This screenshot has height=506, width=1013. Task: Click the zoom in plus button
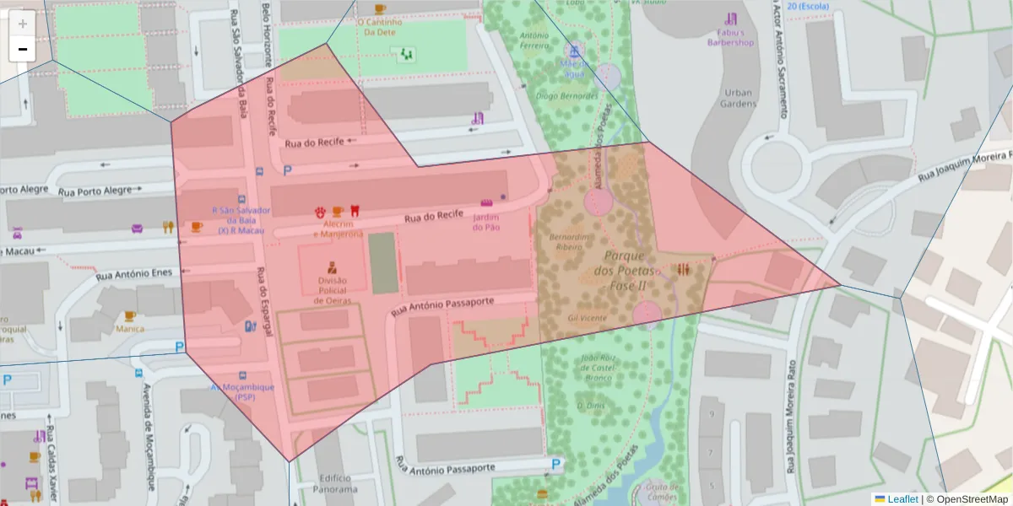tap(23, 23)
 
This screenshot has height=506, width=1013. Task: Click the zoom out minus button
tap(23, 49)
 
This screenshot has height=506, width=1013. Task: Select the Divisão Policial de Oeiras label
tap(332, 289)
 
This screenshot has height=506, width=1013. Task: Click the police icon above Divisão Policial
tap(332, 267)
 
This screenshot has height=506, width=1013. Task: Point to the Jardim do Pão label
tap(486, 222)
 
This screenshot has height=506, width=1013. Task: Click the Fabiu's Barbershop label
tap(729, 36)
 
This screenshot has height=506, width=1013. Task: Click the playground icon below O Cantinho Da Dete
tap(407, 54)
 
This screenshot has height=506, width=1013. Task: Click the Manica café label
tap(130, 329)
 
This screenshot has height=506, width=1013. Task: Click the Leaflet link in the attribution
tap(902, 499)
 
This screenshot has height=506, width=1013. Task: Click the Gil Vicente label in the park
tap(587, 318)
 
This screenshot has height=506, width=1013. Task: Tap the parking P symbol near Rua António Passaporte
tap(555, 464)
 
